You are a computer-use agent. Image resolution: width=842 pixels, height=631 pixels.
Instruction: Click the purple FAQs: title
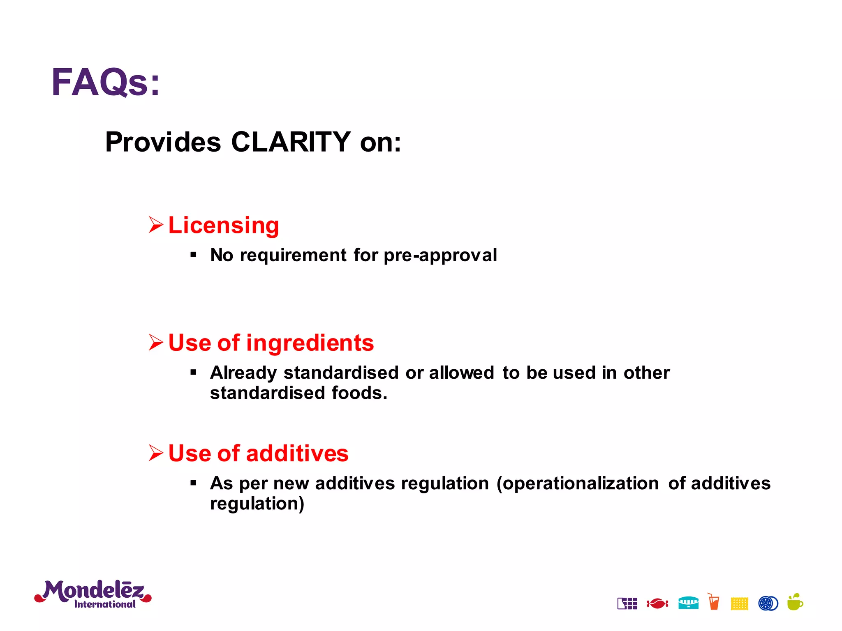105,82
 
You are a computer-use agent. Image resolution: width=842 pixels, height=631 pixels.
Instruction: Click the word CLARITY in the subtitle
291,142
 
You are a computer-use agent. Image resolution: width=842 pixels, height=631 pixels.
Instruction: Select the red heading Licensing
224,225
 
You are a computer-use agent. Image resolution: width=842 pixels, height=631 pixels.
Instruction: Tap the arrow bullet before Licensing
156,225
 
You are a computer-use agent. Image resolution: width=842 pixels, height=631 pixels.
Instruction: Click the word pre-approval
440,255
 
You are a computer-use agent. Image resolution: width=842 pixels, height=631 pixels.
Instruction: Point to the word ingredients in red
310,343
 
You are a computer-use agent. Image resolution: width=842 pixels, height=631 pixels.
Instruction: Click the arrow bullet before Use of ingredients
156,342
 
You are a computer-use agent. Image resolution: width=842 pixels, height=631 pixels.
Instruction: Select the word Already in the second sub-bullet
243,373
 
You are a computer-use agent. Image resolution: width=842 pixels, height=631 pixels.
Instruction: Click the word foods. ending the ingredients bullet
359,393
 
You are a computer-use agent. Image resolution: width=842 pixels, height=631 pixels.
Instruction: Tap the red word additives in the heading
297,454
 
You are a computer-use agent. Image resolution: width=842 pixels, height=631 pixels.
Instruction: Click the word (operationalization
578,484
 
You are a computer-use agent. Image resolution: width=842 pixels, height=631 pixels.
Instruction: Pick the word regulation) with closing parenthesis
257,504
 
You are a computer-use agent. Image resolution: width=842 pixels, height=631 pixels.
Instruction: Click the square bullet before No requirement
193,255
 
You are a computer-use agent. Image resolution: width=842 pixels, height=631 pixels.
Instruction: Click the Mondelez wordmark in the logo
93,591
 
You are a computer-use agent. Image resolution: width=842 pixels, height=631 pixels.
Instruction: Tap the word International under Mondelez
105,604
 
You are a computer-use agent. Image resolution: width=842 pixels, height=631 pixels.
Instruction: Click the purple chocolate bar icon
627,603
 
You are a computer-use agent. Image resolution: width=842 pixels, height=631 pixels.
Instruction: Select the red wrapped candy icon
657,603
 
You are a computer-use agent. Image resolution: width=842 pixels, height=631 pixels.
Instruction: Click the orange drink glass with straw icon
714,602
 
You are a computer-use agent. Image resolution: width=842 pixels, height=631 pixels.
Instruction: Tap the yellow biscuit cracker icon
739,603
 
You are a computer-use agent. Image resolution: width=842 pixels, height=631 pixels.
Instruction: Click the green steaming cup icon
795,603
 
